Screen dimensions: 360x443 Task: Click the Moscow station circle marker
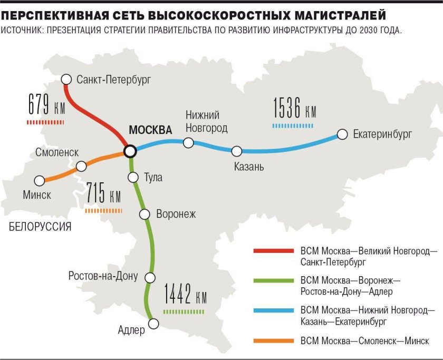tap(129, 151)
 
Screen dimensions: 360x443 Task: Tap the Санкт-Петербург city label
tap(113, 80)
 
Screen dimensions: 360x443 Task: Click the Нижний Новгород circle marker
tap(188, 142)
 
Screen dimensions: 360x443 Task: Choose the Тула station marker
tap(133, 177)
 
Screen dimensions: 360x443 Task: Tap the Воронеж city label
tap(176, 214)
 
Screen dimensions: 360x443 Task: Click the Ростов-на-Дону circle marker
tap(151, 277)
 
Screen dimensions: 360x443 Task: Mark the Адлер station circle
tap(153, 323)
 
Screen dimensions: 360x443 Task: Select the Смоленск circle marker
tap(81, 166)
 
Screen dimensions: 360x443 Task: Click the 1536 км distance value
tap(295, 109)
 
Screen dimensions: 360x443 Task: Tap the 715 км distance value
tap(104, 196)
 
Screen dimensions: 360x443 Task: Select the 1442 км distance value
tap(185, 296)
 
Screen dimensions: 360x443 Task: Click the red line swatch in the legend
tap(273, 250)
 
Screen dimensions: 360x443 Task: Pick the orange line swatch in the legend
tap(273, 341)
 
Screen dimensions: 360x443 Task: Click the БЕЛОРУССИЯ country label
tap(40, 227)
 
